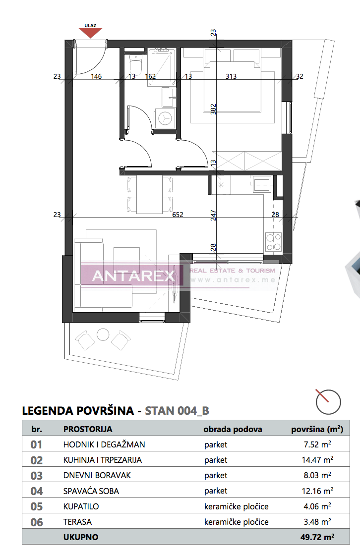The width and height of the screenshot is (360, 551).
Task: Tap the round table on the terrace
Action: pos(103,335)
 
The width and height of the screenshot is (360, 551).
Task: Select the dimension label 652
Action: pos(178,215)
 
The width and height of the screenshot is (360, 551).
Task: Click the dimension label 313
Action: pos(231,76)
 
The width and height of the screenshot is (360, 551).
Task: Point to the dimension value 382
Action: pos(214,109)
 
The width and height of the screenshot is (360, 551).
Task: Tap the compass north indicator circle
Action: pos(328,402)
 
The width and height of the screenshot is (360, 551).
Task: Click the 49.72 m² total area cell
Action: pos(317,537)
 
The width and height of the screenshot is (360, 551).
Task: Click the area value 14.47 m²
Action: pos(317,460)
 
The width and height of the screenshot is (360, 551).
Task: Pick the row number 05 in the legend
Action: pos(37,506)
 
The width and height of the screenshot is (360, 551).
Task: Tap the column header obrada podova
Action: pos(233,429)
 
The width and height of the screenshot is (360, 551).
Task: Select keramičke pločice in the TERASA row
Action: pos(236,522)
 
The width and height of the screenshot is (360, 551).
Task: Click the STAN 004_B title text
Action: pos(177,411)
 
